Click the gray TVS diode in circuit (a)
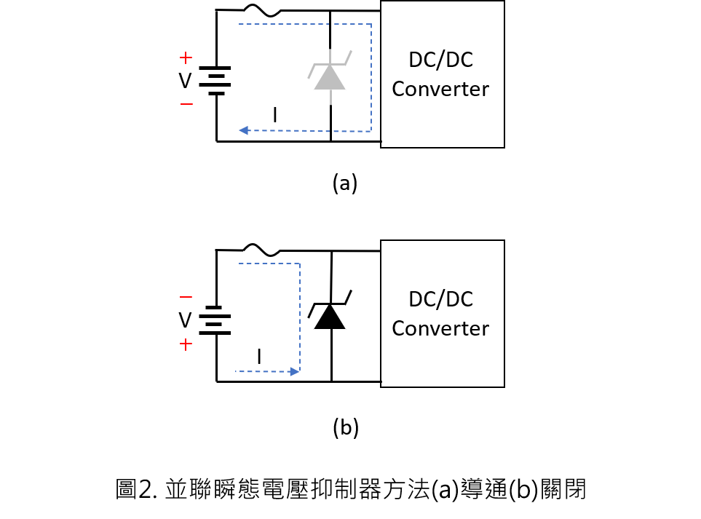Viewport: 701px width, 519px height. (330, 76)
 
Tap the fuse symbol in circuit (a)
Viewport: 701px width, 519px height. (262, 10)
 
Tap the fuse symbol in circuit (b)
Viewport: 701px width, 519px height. (262, 250)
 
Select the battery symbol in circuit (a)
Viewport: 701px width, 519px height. (215, 81)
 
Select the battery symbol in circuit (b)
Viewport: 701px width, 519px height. (215, 320)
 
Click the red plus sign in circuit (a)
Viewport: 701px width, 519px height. (186, 58)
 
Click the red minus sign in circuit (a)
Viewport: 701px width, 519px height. (186, 104)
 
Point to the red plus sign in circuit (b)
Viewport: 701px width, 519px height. (186, 344)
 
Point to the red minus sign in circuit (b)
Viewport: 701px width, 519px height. (186, 296)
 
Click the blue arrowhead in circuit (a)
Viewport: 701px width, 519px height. (244, 130)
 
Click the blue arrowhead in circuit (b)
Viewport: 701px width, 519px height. (295, 371)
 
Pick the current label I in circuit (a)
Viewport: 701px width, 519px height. (275, 115)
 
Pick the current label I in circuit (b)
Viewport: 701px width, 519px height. (259, 356)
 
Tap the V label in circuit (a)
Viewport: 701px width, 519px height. (185, 81)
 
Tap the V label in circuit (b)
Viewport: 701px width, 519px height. (185, 320)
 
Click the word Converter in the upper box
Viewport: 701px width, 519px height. (440, 89)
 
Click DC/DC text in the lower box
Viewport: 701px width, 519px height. (441, 299)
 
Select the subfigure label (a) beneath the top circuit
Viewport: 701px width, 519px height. (345, 183)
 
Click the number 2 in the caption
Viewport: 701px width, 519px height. (146, 489)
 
